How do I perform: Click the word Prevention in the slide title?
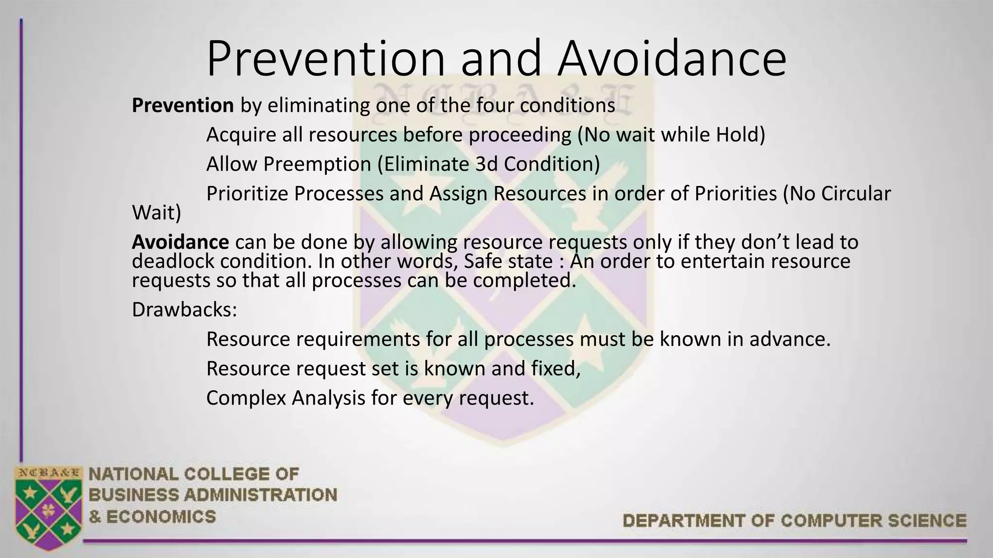pos(325,59)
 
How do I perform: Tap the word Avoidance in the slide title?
pos(672,59)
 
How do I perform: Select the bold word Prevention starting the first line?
pos(183,106)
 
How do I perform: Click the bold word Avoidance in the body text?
pos(180,242)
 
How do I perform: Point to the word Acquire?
pos(240,135)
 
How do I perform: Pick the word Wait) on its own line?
pos(157,213)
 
